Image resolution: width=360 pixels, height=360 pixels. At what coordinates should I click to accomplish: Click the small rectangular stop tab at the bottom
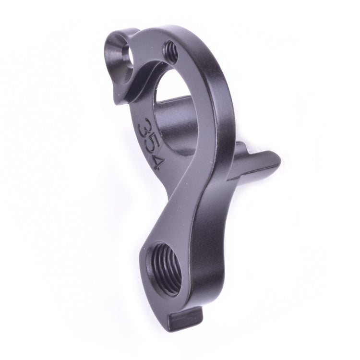pyautogui.click(x=184, y=317)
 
